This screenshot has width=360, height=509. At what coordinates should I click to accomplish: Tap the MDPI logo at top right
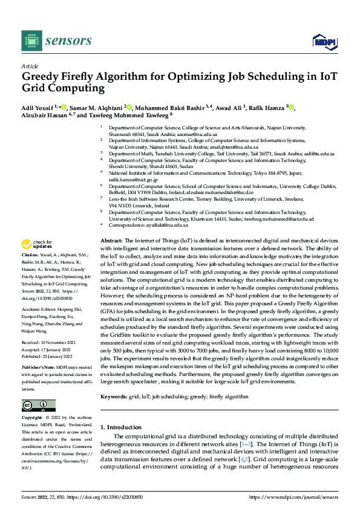point(323,41)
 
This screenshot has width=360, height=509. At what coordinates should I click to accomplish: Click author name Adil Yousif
point(39,108)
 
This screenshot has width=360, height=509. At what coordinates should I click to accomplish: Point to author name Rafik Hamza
point(265,108)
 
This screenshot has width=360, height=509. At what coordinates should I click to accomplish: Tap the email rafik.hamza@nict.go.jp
point(133,180)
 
